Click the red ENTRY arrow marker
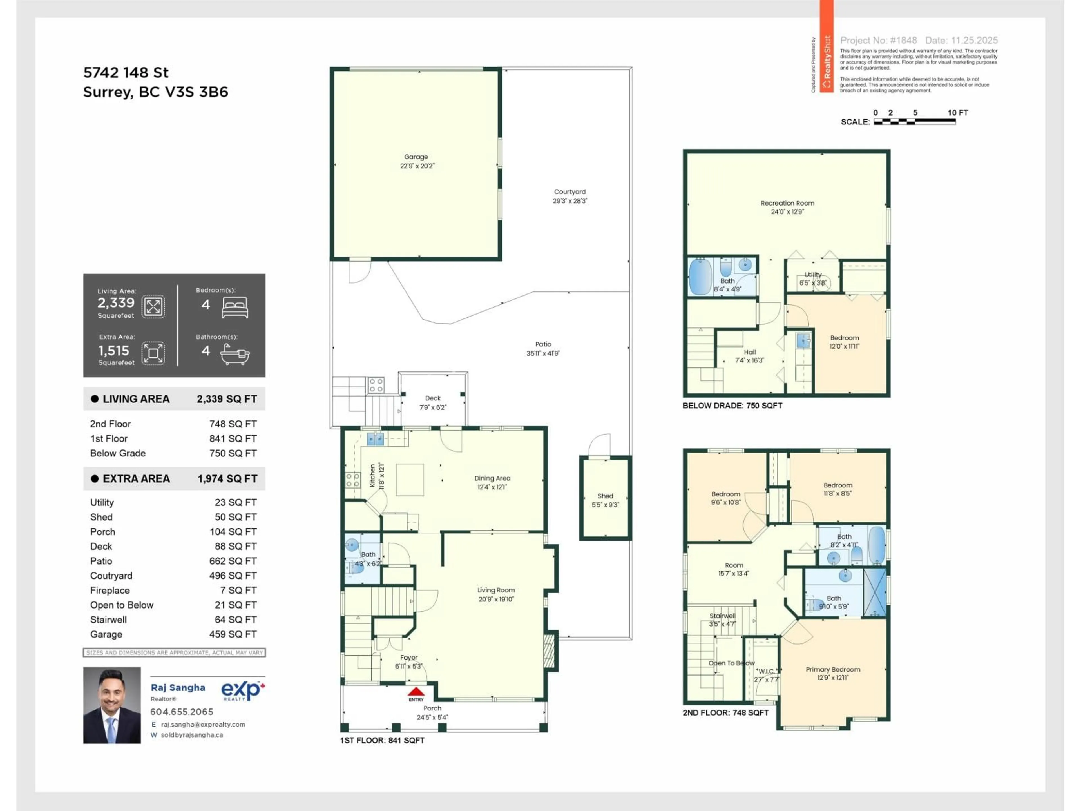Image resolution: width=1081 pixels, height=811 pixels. [x=416, y=691]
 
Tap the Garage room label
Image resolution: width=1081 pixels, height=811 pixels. [x=416, y=157]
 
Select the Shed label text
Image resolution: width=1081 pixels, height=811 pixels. [x=605, y=496]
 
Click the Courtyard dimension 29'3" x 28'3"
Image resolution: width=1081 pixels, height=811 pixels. [x=570, y=201]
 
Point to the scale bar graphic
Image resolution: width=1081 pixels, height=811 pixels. [x=914, y=122]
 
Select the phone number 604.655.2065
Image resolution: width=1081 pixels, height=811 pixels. [x=182, y=712]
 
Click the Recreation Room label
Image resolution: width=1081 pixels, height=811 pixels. [x=787, y=203]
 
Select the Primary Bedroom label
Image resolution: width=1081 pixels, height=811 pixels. [x=833, y=669]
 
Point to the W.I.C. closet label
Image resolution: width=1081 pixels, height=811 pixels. [x=766, y=671]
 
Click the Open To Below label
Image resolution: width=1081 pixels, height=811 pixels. [x=731, y=663]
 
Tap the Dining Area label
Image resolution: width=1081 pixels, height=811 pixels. [x=492, y=478]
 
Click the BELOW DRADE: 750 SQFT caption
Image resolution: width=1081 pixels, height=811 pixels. [x=732, y=405]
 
